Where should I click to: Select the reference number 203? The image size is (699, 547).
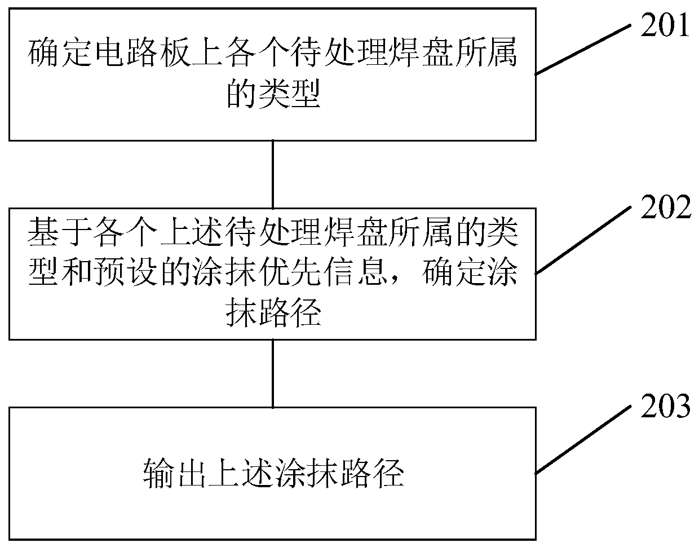665,406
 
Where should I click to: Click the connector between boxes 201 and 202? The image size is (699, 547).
273,174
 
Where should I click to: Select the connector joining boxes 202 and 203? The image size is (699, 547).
273,373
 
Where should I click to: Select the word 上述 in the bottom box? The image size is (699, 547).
239,473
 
